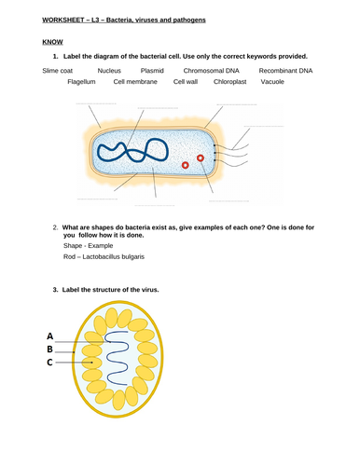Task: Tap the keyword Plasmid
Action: [152, 70]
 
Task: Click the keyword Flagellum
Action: [82, 82]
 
